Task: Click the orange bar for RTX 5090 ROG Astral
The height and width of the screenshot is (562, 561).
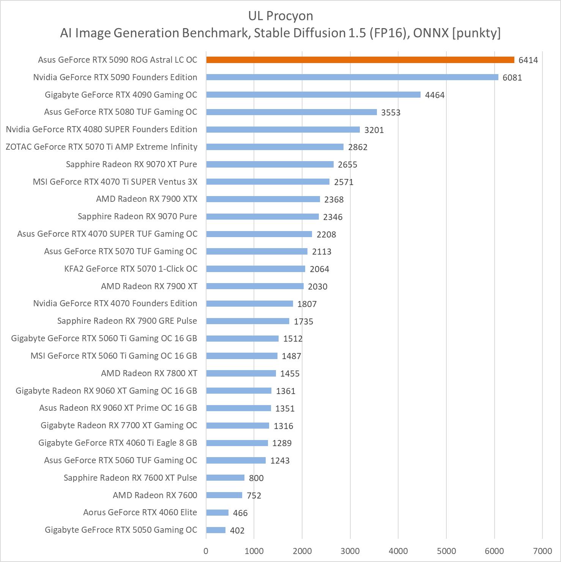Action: [x=360, y=60]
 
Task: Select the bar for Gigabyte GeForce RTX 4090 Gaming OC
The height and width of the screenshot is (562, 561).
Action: [x=313, y=95]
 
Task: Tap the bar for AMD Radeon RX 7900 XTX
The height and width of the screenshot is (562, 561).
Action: [x=263, y=199]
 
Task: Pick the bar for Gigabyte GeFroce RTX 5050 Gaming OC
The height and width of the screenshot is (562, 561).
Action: [x=216, y=530]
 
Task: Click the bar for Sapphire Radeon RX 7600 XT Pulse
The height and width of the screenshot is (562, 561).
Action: [x=225, y=478]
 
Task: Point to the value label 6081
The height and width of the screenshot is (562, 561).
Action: [x=512, y=78]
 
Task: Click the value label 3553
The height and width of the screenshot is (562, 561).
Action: [x=391, y=112]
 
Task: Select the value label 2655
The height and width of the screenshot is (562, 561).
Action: [x=347, y=165]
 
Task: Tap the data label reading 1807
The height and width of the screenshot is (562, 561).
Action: [x=307, y=304]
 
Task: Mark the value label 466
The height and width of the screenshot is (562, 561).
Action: [x=240, y=513]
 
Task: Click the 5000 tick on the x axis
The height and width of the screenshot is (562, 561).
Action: [x=446, y=551]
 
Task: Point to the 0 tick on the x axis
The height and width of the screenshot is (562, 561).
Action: [x=206, y=551]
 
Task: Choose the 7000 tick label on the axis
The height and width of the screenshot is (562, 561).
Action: [x=542, y=551]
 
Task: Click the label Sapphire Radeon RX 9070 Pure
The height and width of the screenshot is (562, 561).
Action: [x=137, y=216]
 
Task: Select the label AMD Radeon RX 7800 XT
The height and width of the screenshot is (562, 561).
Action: [x=149, y=373]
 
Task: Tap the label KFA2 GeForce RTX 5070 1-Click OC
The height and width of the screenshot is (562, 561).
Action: [x=131, y=269]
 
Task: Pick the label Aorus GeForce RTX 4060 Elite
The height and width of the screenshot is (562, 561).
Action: [x=140, y=512]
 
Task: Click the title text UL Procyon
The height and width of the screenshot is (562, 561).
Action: [x=280, y=16]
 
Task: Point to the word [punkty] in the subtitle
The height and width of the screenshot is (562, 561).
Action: [x=476, y=33]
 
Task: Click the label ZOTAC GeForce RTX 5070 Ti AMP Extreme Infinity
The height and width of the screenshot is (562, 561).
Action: [x=101, y=147]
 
